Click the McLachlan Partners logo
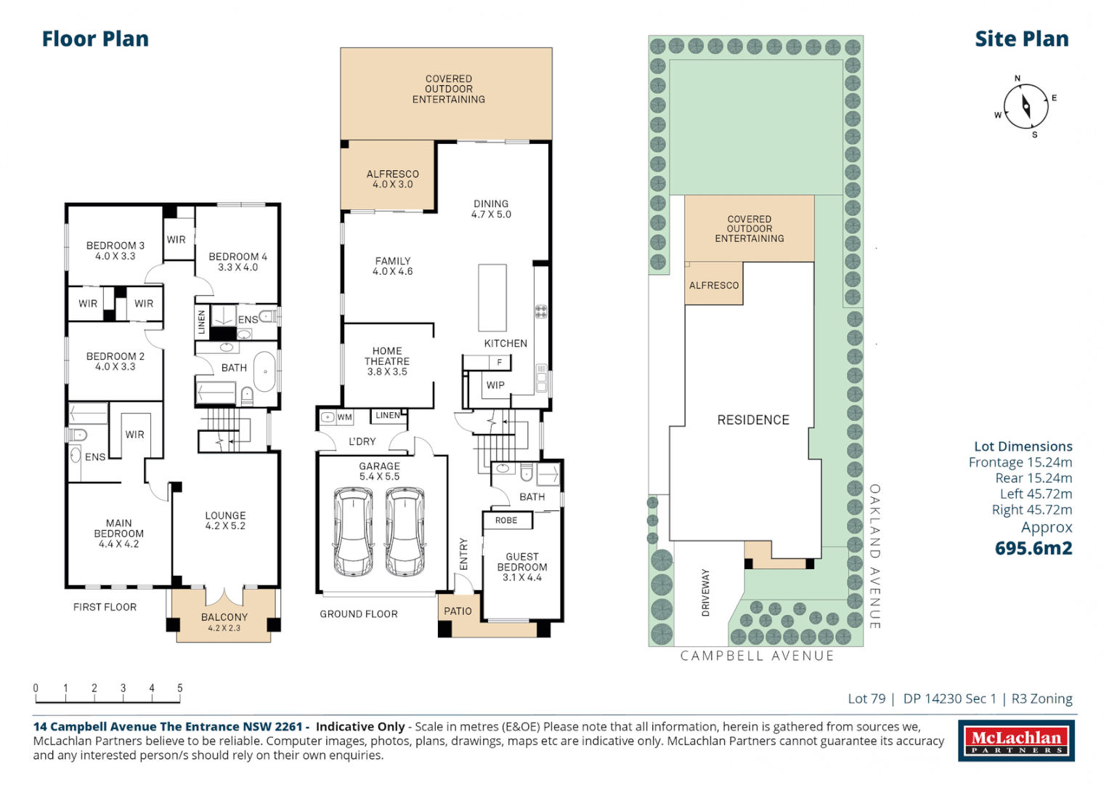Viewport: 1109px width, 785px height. coord(1015,741)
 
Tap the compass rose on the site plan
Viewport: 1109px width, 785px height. coord(1025,106)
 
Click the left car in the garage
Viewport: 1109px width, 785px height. coord(353,531)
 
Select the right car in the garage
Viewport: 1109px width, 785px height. coord(405,531)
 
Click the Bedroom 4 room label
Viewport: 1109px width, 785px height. coord(237,262)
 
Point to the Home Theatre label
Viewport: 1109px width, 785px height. coord(386,361)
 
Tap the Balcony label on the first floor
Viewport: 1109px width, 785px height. coord(224,617)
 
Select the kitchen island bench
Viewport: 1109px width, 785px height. coord(492,298)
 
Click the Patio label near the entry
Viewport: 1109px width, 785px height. coord(458,611)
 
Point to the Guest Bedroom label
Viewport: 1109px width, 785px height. coord(522,567)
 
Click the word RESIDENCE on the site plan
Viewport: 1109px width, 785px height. coord(752,420)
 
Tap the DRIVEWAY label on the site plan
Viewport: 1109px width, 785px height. coord(705,592)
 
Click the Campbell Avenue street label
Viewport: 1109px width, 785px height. coord(757,656)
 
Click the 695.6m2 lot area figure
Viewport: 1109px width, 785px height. coord(1033,548)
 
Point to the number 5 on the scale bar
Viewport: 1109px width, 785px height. coord(179,688)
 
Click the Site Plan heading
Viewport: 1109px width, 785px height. coord(1021,39)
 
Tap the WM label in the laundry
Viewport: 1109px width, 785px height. coord(344,417)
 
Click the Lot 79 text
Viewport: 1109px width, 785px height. coord(866,699)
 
